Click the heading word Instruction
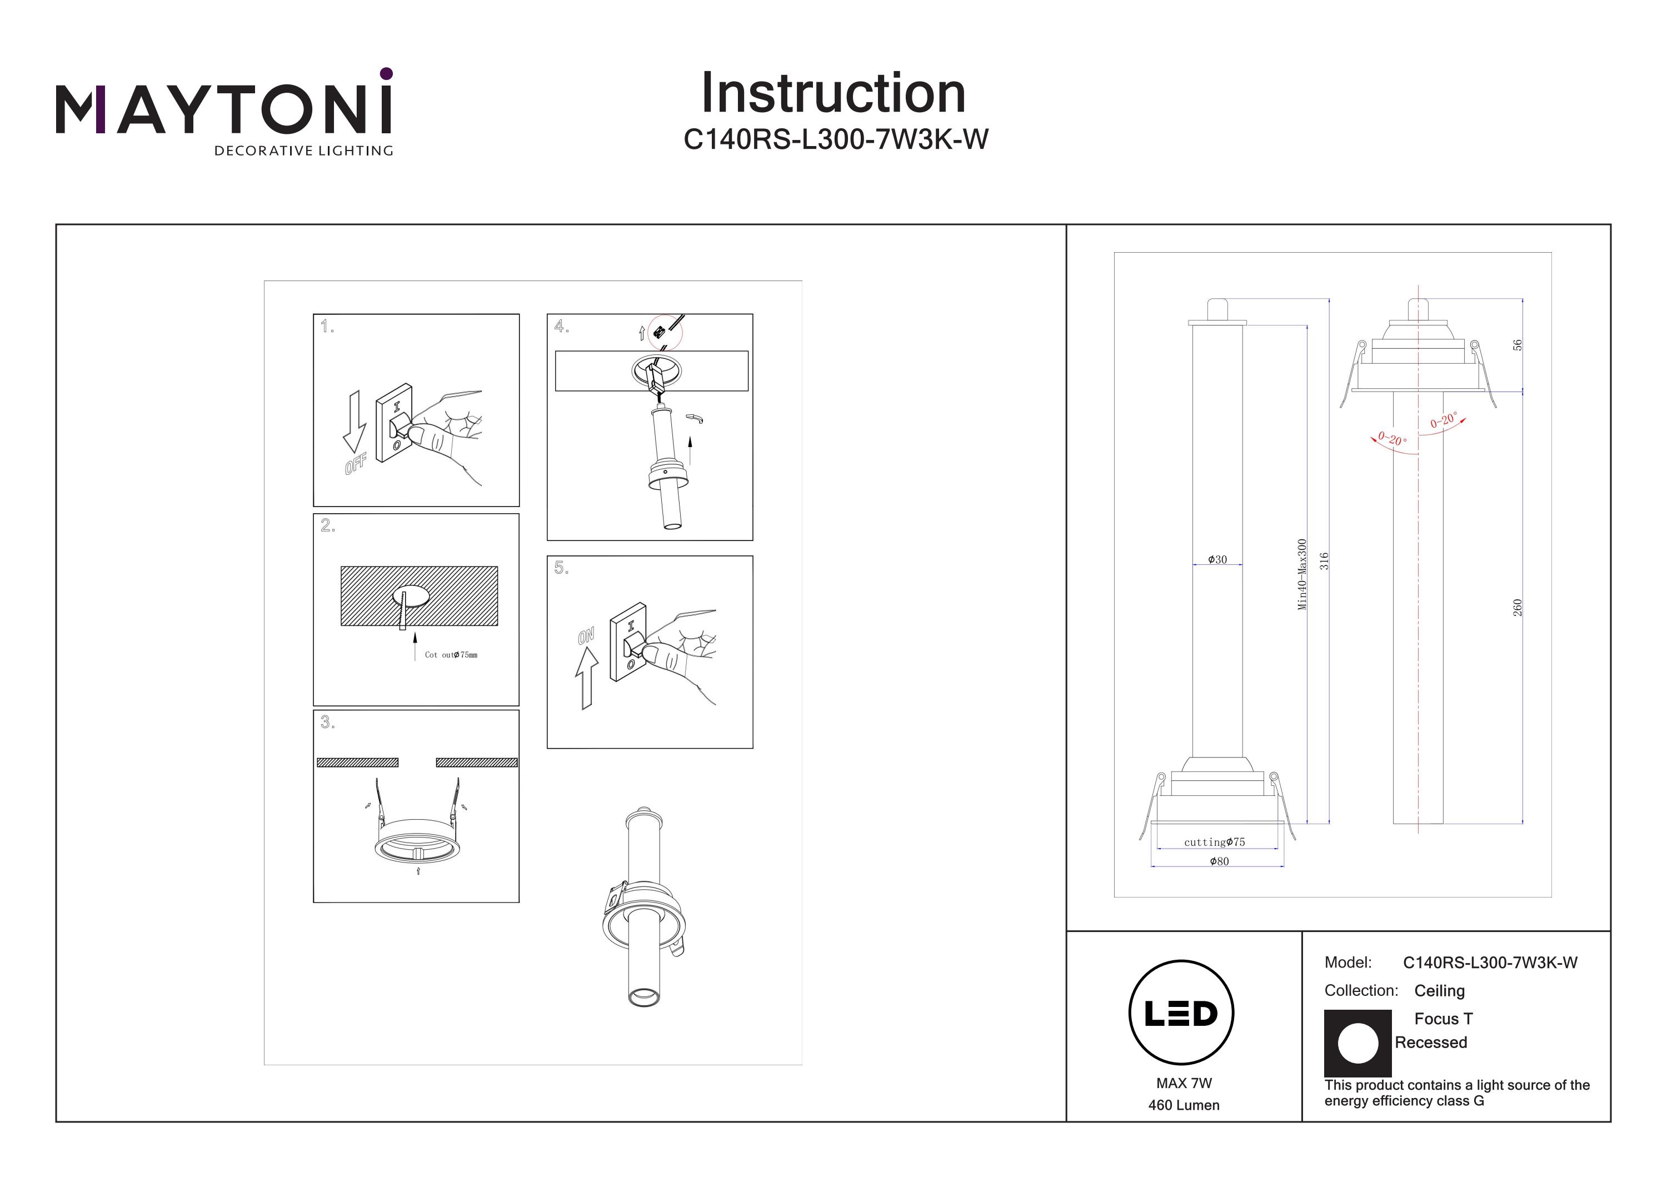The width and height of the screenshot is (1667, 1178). (x=833, y=94)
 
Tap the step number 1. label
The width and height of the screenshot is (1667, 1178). (x=327, y=327)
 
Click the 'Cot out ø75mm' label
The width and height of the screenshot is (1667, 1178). (x=451, y=655)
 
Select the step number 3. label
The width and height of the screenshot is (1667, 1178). (x=327, y=722)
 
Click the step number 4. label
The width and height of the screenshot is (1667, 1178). (x=561, y=327)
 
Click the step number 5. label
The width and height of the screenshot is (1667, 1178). (x=561, y=568)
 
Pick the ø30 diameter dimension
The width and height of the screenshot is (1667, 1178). (x=1217, y=560)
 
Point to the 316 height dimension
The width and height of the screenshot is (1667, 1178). (x=1324, y=561)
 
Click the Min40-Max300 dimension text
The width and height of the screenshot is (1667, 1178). (x=1302, y=574)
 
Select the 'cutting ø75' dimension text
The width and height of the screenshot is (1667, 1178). (x=1215, y=842)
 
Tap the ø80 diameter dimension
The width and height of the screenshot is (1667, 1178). (x=1219, y=861)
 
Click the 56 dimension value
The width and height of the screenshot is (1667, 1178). (x=1517, y=345)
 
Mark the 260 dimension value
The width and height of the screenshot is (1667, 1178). (x=1517, y=608)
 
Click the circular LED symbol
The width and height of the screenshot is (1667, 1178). (x=1181, y=1012)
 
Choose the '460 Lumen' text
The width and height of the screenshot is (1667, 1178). (x=1184, y=1105)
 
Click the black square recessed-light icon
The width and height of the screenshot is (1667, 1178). (x=1357, y=1043)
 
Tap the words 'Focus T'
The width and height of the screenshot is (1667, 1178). (x=1444, y=1019)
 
